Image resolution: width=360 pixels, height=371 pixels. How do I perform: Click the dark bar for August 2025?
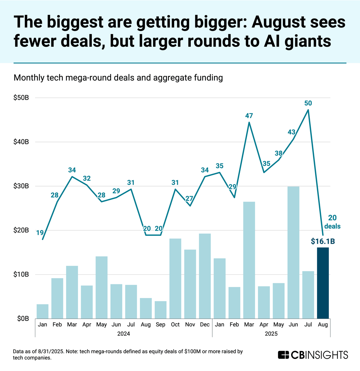coord(323,283)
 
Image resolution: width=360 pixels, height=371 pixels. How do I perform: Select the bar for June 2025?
coord(293,252)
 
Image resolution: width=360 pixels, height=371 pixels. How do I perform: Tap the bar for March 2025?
coord(249,260)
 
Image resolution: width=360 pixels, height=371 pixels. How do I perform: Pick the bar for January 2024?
coord(43,311)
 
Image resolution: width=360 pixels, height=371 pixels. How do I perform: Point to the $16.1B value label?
coord(323,241)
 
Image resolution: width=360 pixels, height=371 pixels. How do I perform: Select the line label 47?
coord(249,116)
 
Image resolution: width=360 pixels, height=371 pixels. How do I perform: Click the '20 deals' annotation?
coord(334,222)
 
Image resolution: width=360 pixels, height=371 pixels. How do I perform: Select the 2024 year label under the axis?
coord(124,334)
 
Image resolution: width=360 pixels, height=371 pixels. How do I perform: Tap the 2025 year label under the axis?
coord(271,334)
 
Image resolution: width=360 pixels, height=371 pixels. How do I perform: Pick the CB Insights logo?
coord(313,355)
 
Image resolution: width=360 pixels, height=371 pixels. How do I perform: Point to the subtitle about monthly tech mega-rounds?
coord(118,78)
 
